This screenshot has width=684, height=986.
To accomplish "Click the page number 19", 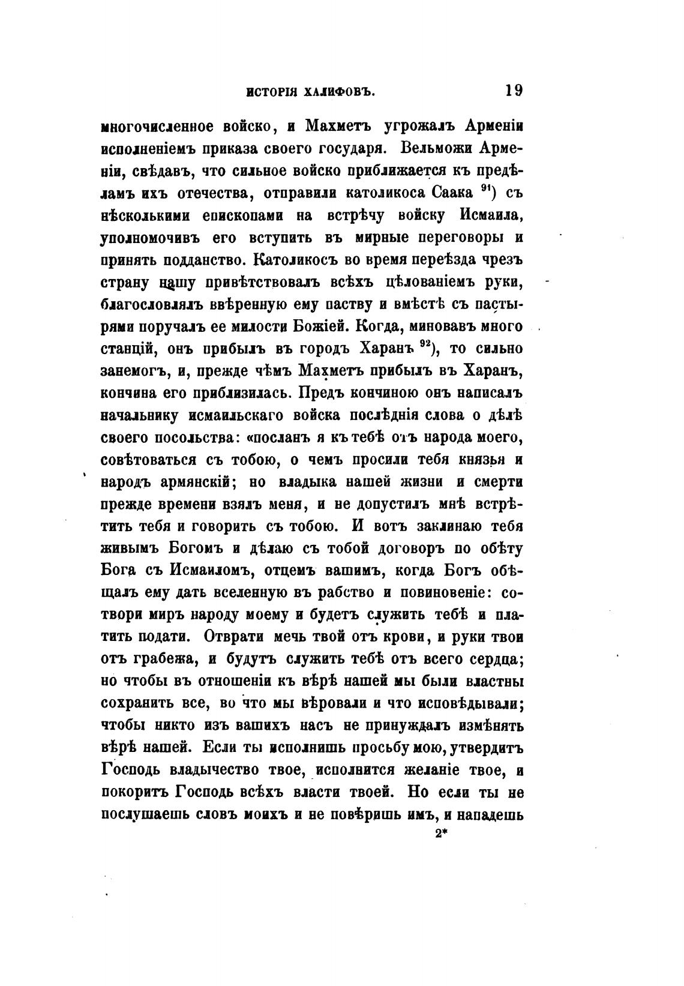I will click(514, 91).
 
